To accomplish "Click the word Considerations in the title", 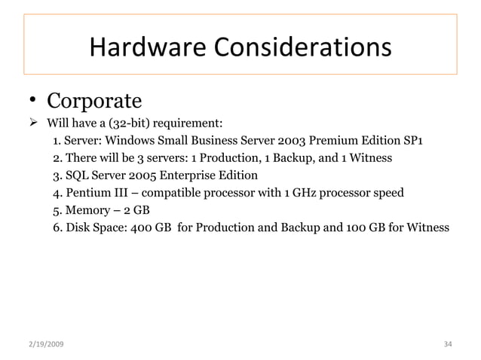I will point(302,47).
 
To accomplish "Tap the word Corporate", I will point(95,100).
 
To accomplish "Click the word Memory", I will point(88,209).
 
